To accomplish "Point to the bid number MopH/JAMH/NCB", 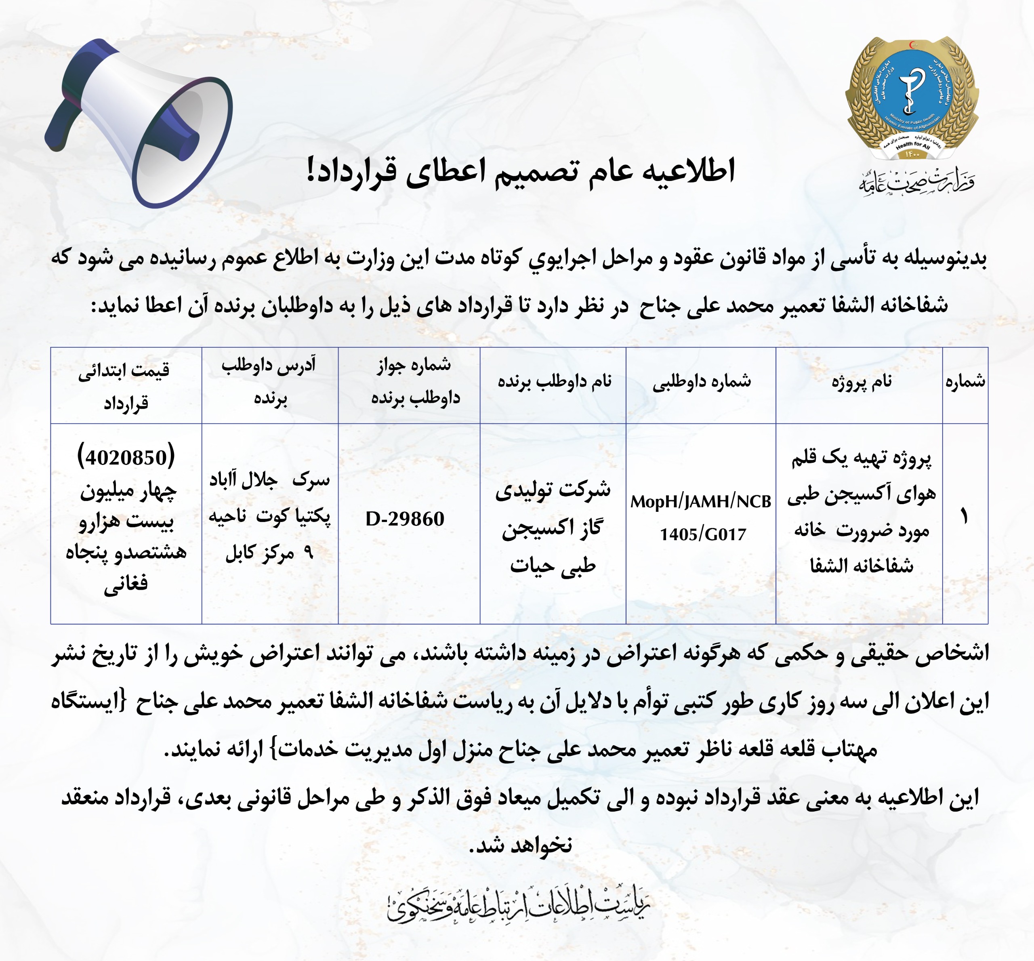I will point(700,502).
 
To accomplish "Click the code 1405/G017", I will point(703,534).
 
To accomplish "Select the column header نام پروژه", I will point(862,382).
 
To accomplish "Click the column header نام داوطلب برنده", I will point(555,382).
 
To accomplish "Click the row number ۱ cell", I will point(965,517).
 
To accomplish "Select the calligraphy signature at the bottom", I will point(518,906).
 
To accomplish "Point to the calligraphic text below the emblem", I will point(916,182).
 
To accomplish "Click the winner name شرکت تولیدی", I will point(553,490).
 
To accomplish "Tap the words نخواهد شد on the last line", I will point(520,845).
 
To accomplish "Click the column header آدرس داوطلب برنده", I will point(269,382).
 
